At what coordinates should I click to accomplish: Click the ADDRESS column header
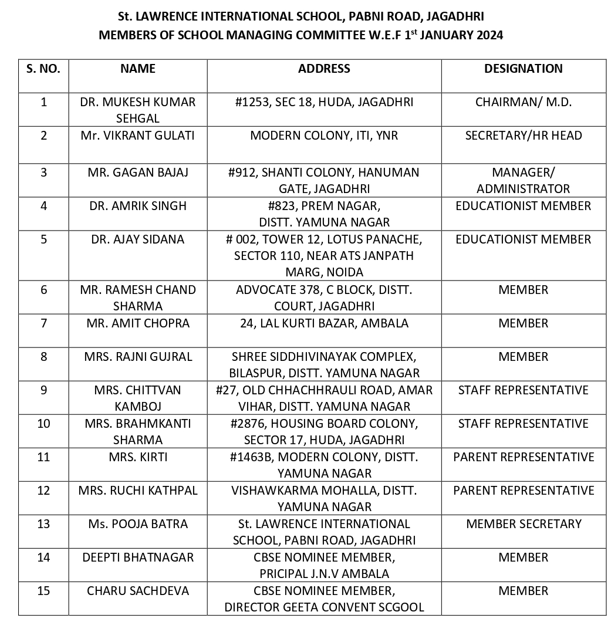click(x=324, y=69)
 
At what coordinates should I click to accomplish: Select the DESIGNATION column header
click(x=523, y=69)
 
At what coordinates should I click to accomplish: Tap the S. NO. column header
click(x=43, y=69)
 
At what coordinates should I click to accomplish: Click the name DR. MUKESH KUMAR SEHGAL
click(x=138, y=110)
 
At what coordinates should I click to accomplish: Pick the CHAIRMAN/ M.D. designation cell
click(x=523, y=102)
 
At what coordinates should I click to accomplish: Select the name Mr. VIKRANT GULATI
click(x=138, y=136)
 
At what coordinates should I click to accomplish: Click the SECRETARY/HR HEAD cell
click(x=523, y=136)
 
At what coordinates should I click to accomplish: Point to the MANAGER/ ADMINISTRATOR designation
click(x=523, y=180)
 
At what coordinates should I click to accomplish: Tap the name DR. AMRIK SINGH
click(x=138, y=206)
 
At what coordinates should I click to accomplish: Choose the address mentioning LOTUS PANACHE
click(x=324, y=255)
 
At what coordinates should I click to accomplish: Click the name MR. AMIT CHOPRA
click(x=138, y=323)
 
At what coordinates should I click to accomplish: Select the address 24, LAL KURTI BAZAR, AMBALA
click(x=324, y=323)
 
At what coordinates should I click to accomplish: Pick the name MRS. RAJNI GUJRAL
click(x=138, y=357)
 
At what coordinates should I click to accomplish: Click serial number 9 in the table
click(x=43, y=390)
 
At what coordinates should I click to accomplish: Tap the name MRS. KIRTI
click(x=138, y=457)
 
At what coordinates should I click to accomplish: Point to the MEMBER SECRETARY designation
click(x=523, y=524)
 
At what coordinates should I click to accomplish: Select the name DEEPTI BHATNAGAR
click(x=138, y=557)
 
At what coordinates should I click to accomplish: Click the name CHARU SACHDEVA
click(x=138, y=591)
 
